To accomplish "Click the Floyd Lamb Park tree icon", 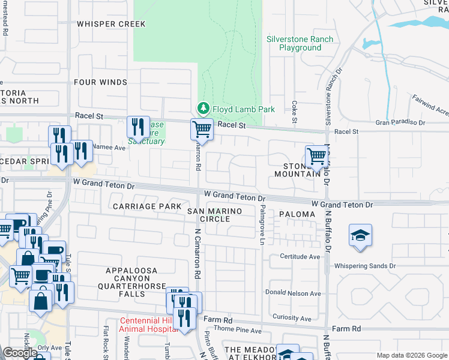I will (204, 109).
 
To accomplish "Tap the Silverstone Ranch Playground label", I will (300, 43).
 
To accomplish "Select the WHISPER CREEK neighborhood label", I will (111, 24).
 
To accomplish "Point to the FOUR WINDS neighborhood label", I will (100, 82).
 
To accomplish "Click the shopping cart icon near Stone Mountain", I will (316, 156).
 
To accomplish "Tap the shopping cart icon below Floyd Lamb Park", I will (202, 128).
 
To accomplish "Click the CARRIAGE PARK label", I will (147, 206).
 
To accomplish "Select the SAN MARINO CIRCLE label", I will (215, 215).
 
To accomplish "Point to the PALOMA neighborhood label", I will (297, 214).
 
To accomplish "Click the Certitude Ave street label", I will (300, 256).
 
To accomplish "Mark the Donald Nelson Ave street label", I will (293, 293).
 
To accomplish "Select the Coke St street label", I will (295, 112).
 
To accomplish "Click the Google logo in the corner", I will (20, 353).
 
